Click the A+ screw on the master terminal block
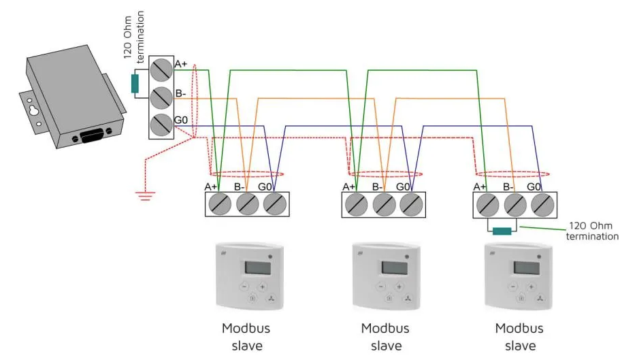point(161,69)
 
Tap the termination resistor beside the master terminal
point(135,84)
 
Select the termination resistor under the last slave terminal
point(502,231)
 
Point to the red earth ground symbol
point(144,195)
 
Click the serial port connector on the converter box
point(93,135)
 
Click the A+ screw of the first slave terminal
point(220,203)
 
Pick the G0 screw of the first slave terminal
point(274,203)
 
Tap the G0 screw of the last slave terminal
point(541,203)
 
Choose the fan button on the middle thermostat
point(408,298)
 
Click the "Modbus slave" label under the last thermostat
point(519,336)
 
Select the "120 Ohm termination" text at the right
point(593,231)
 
